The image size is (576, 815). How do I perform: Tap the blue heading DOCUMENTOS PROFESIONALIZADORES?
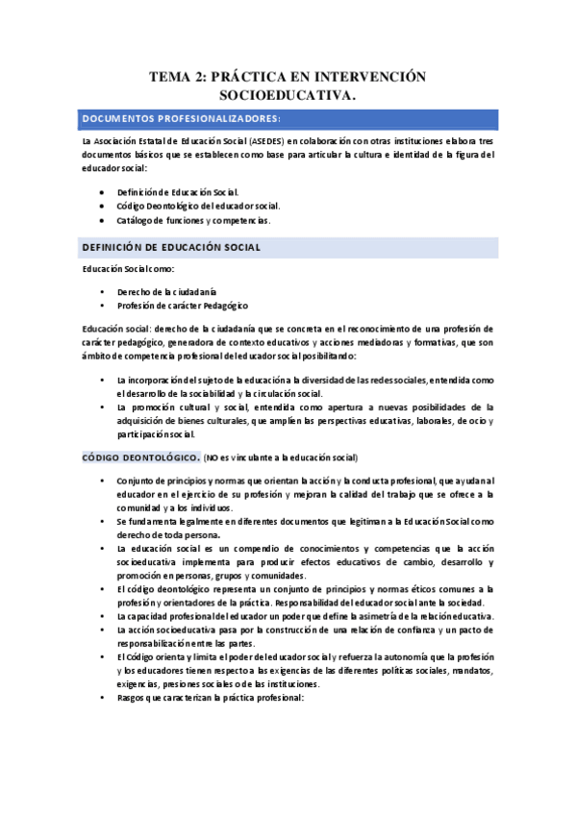(x=181, y=118)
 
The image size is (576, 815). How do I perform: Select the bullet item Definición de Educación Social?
(x=178, y=192)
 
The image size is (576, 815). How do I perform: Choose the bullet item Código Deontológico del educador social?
(x=198, y=206)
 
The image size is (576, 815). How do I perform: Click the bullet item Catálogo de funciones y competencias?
(x=193, y=219)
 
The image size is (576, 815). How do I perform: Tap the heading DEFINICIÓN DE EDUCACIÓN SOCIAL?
(x=171, y=248)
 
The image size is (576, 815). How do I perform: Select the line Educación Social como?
(x=128, y=271)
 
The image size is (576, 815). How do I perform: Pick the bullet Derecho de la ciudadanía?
(x=166, y=291)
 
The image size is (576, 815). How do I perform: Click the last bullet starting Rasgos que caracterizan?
(x=210, y=698)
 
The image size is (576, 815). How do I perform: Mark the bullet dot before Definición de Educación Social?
(x=101, y=192)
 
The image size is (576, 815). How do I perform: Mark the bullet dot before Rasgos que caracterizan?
(x=101, y=698)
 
